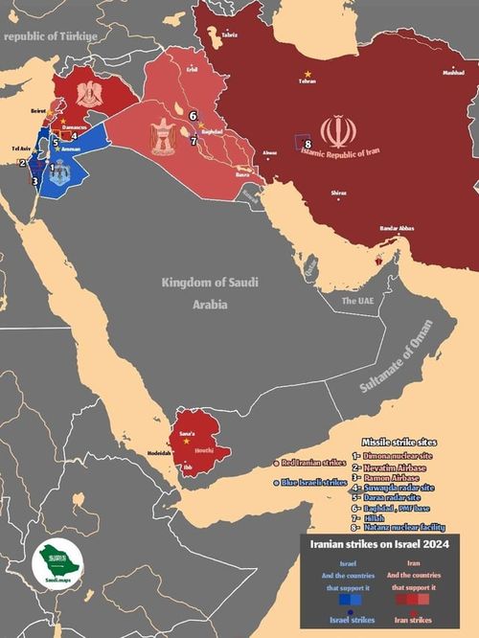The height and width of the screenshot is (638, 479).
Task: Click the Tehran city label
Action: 307,81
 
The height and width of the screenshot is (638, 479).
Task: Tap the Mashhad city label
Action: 452,72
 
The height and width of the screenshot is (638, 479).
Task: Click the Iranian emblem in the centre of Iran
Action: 337,131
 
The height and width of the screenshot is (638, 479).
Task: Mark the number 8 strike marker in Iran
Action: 308,146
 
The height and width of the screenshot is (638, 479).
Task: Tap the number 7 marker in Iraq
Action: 194,141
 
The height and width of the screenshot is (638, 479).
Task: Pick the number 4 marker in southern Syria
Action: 73,136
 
